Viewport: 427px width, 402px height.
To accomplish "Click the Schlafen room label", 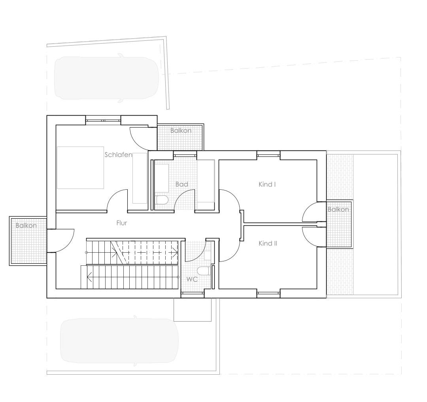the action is (x=118, y=154).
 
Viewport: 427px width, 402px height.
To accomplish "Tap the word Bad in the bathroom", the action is (x=181, y=184).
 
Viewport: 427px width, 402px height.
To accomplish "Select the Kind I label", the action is (x=267, y=184).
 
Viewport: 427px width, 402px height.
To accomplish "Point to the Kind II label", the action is (x=268, y=243).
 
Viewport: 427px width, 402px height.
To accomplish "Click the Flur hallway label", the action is (x=122, y=223).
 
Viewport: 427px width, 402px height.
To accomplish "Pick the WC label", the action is (x=192, y=279).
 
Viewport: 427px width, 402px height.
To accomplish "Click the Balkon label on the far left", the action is (x=26, y=225).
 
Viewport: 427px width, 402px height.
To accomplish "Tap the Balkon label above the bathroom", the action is (x=181, y=131).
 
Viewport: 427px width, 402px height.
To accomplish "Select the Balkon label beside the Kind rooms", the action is (x=338, y=210).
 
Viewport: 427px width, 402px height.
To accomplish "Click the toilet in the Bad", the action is (x=162, y=200).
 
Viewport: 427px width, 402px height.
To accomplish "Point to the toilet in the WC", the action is (x=203, y=271).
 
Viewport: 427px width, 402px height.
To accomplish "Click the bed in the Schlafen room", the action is (x=80, y=168).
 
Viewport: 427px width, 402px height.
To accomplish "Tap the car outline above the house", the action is (x=106, y=78).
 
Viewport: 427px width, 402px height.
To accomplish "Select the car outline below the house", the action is (x=119, y=341).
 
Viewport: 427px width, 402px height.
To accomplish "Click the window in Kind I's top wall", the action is (x=268, y=155).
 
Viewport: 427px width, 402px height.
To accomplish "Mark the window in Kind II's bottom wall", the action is (x=268, y=293).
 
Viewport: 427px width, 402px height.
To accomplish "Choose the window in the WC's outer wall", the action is (x=193, y=293).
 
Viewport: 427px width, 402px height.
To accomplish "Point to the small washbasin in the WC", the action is (x=208, y=255).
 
